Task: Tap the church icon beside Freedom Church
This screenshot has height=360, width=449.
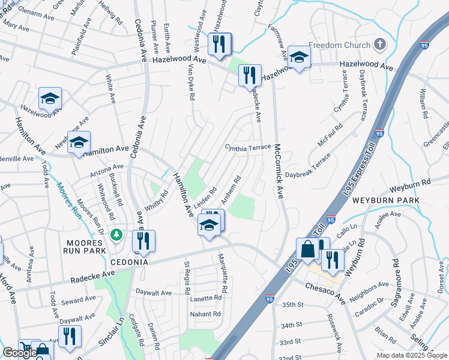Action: point(379,44)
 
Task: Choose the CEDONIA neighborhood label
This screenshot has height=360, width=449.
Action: point(129,262)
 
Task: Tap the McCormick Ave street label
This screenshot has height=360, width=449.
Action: point(279,170)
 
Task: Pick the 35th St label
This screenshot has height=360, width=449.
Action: point(294,305)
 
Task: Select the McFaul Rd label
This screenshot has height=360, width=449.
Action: point(331,136)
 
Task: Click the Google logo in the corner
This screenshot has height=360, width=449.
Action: point(20,353)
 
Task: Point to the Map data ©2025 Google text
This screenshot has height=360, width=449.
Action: point(412,355)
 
